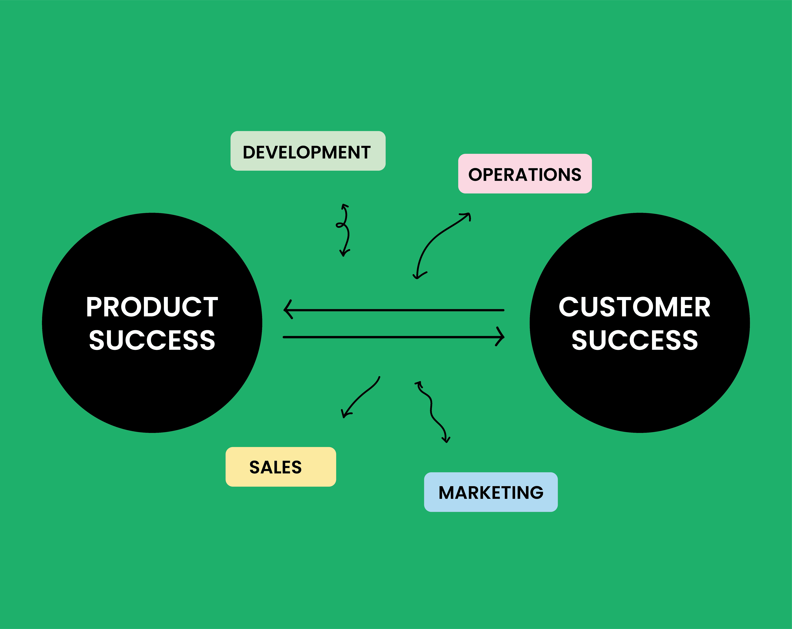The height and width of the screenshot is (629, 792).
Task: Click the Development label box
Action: coord(308,151)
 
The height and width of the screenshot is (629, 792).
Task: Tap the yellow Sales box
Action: coord(281,467)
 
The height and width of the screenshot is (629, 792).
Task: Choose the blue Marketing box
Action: coord(491,492)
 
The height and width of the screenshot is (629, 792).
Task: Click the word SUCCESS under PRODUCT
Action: coord(152,340)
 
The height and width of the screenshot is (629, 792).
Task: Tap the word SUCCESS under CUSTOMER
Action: coord(634,340)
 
